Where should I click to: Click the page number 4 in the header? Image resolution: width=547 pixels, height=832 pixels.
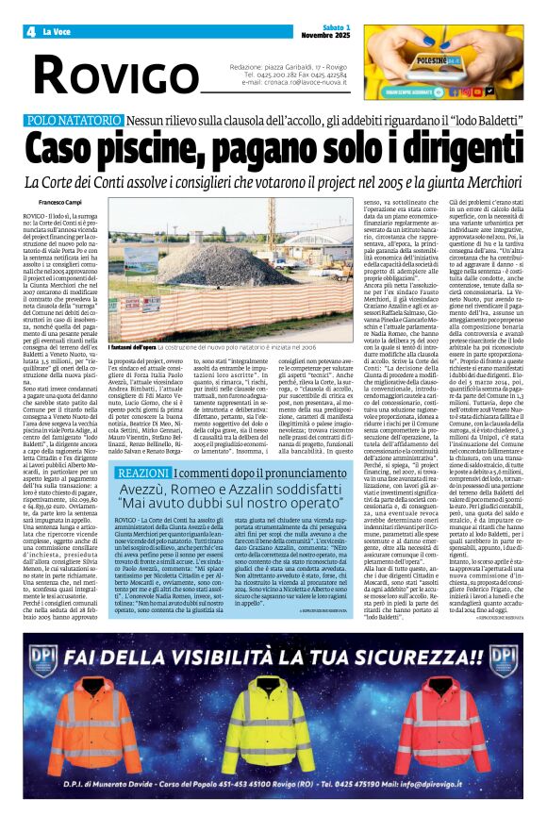pos(29,31)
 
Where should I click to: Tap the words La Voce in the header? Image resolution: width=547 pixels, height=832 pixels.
pos(59,31)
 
